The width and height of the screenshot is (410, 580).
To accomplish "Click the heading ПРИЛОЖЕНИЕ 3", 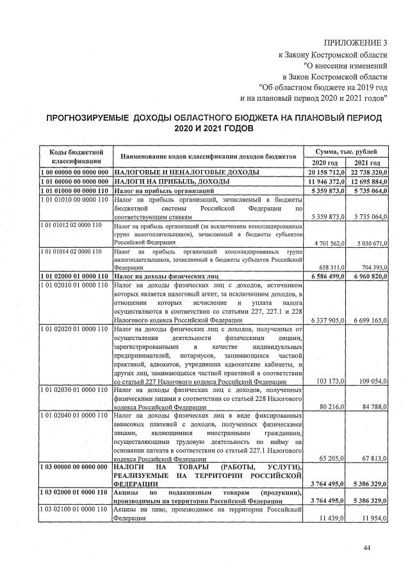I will [x=356, y=43].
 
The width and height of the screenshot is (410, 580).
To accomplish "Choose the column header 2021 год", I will [x=367, y=162].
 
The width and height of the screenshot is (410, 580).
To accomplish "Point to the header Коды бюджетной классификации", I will [x=76, y=157].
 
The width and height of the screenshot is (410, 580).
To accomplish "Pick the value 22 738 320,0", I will [x=367, y=173].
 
